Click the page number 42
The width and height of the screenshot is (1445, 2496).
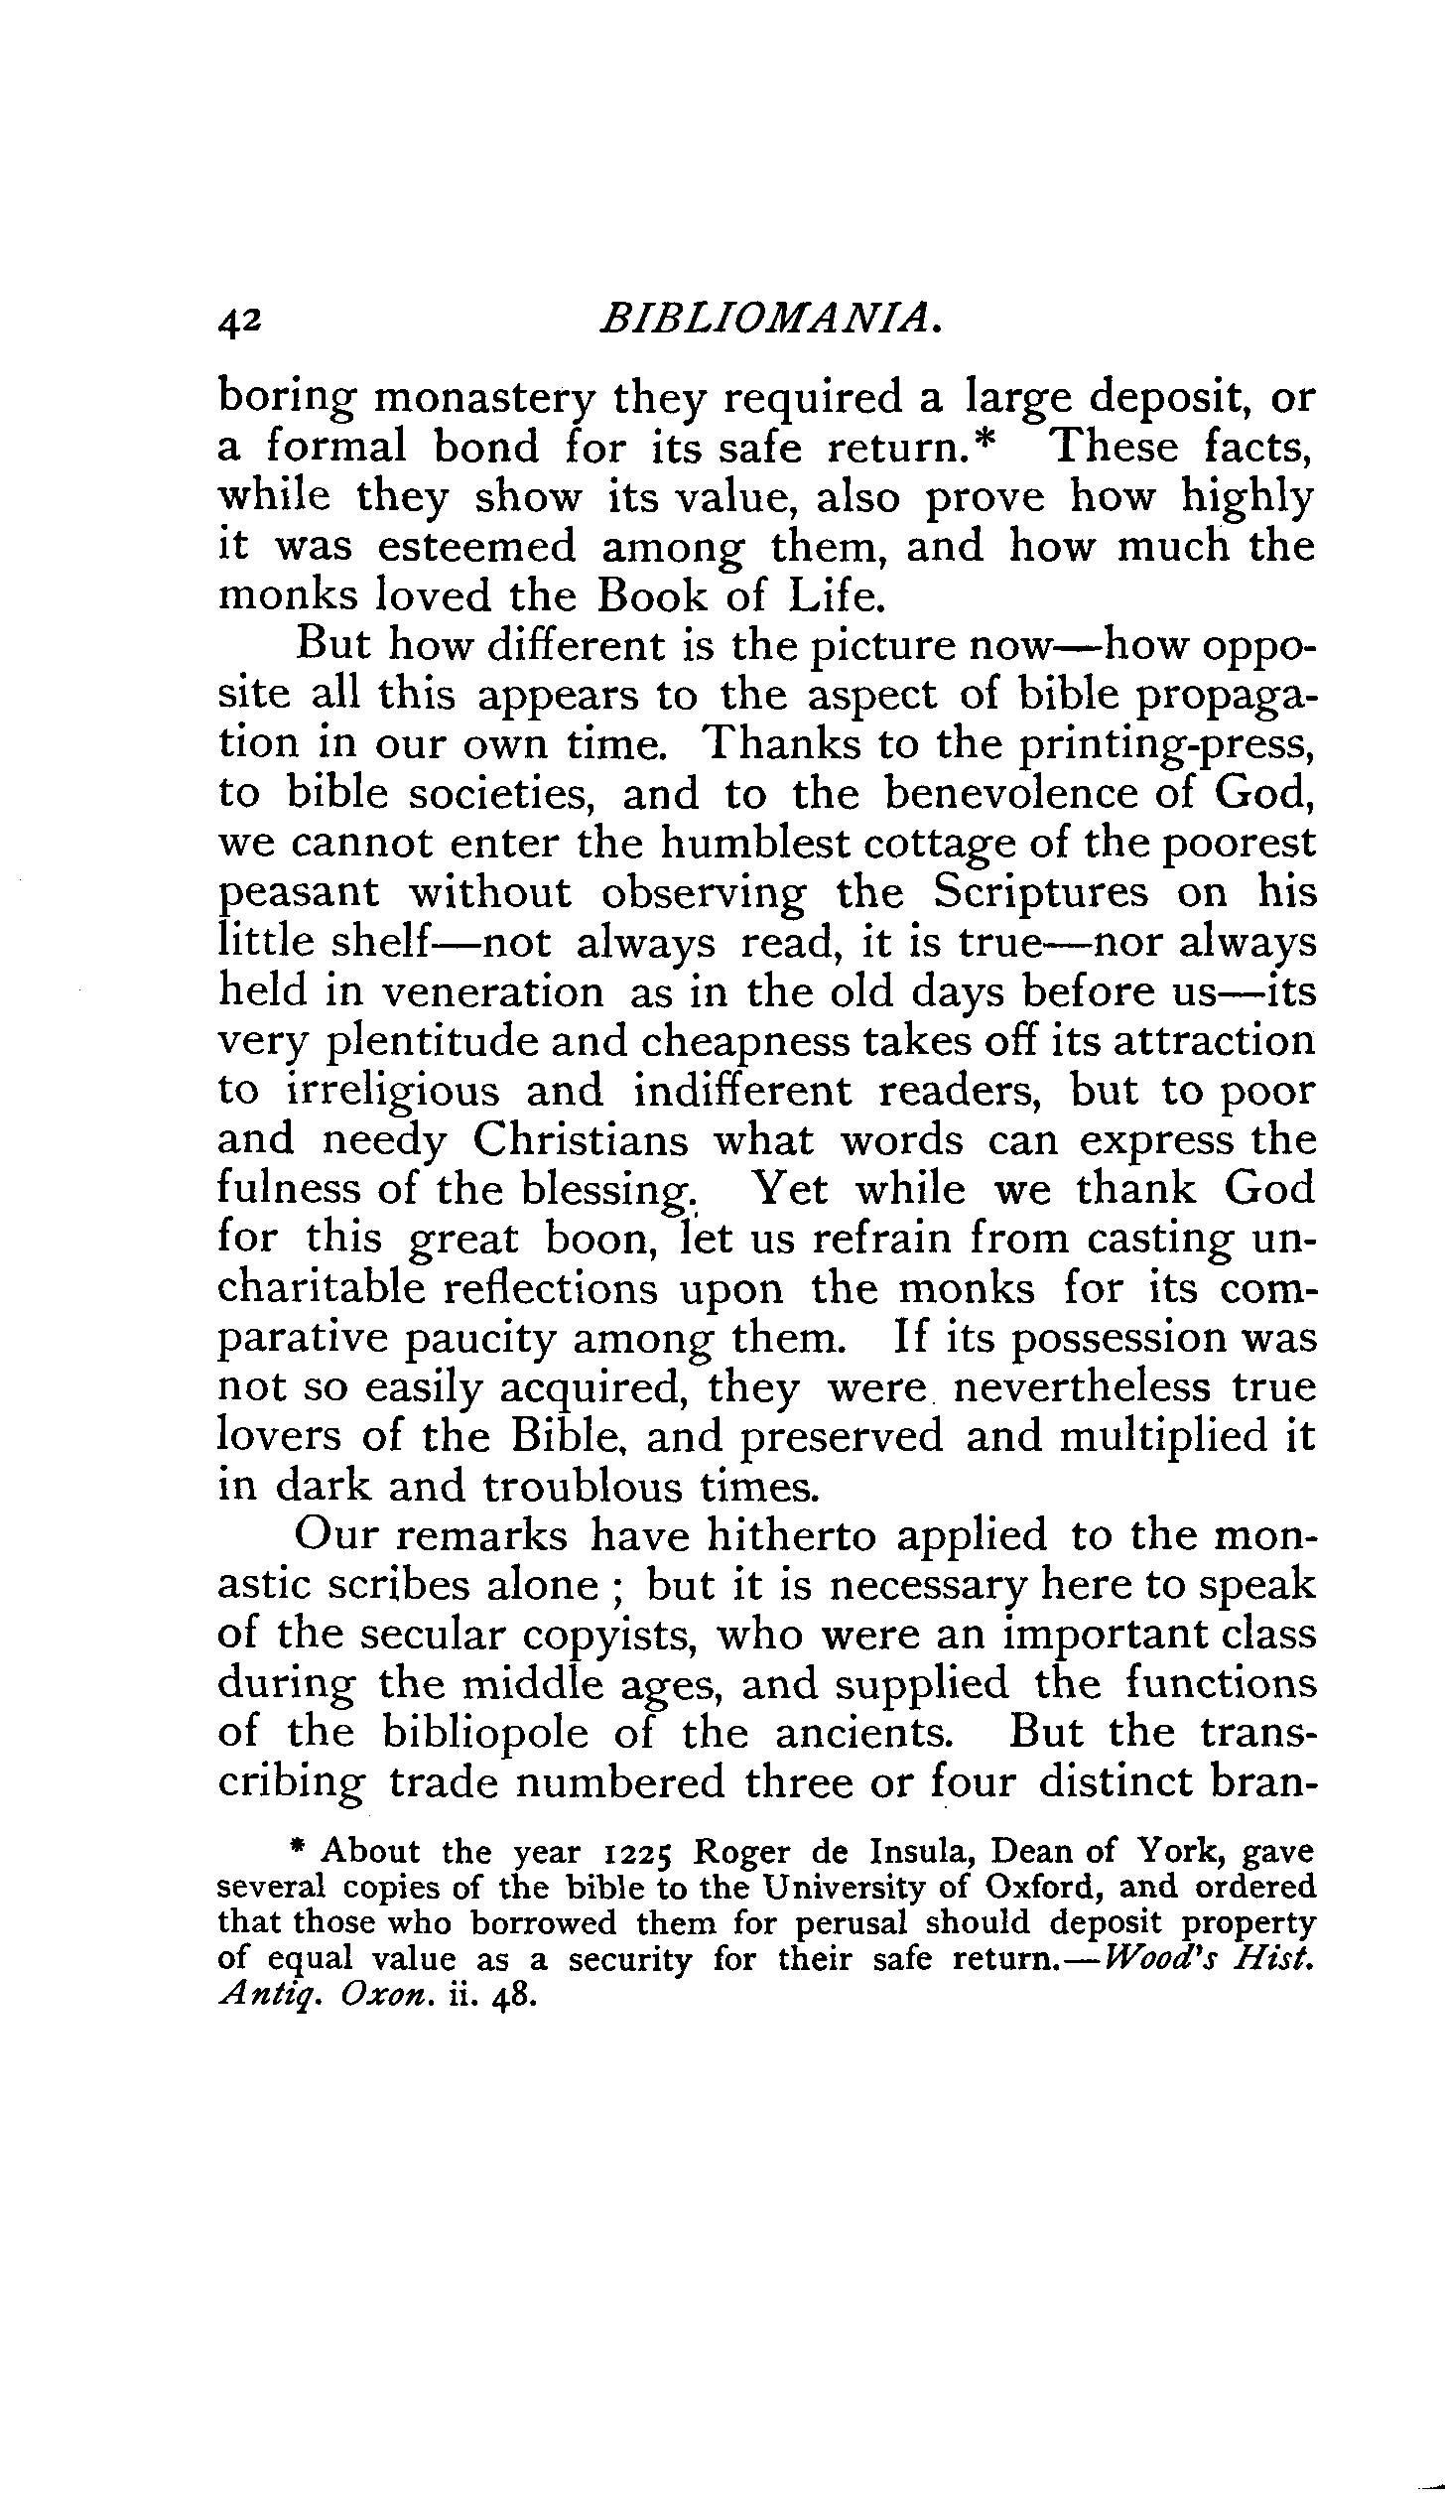tap(239, 321)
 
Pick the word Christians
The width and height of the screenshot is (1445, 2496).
tap(580, 1141)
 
